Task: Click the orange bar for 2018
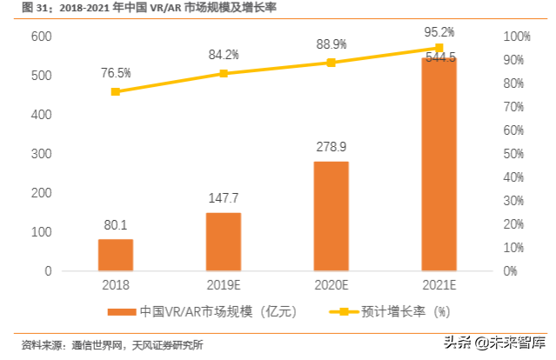point(116,255)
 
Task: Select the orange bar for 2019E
point(224,242)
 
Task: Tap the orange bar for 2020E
point(331,217)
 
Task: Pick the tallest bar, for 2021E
point(439,164)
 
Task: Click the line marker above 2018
point(116,91)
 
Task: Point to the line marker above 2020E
point(331,63)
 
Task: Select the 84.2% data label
point(224,55)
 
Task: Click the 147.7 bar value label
point(224,198)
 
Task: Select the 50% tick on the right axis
point(511,154)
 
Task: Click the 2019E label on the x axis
point(224,284)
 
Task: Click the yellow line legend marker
point(343,311)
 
